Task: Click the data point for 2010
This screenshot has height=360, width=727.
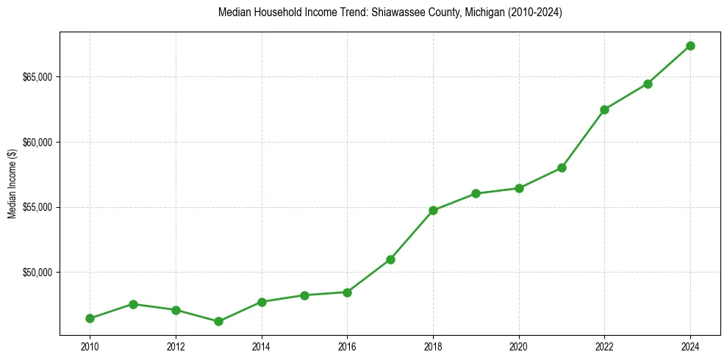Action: [x=90, y=318]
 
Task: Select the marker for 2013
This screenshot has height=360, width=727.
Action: [x=218, y=321]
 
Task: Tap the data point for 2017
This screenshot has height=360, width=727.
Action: [x=390, y=259]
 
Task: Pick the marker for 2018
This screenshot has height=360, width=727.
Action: [x=433, y=210]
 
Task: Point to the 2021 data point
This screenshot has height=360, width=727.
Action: [x=562, y=168]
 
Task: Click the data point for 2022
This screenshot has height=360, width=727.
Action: [x=604, y=109]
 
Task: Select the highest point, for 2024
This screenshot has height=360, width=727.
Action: [x=690, y=46]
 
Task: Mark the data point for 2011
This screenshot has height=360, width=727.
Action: [x=133, y=304]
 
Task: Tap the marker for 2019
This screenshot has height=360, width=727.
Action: [x=476, y=193]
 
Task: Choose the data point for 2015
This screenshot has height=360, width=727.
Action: [x=304, y=295]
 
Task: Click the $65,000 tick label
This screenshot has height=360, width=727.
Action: [x=37, y=77]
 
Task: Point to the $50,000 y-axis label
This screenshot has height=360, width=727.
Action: [x=37, y=273]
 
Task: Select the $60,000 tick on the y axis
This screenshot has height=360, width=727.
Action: [x=37, y=143]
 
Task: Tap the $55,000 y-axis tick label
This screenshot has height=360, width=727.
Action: [x=37, y=207]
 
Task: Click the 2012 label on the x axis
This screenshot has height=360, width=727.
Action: [x=176, y=347]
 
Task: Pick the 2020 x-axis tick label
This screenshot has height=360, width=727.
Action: [x=519, y=347]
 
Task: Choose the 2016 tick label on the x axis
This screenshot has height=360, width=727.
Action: [x=347, y=347]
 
